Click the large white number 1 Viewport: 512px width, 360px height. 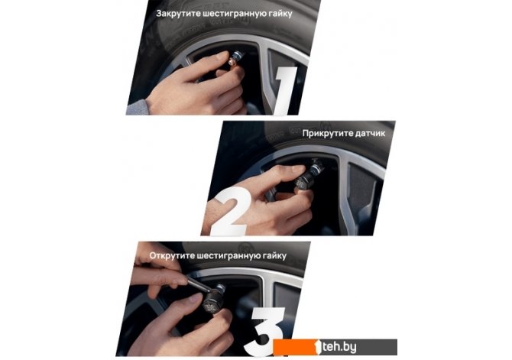tap(285, 90)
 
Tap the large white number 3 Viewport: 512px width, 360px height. tap(266, 331)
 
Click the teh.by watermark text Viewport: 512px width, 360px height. tap(339, 347)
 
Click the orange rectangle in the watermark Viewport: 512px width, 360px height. tap(295, 347)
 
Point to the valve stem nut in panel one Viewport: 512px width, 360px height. tap(235, 60)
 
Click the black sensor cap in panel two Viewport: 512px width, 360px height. tap(305, 180)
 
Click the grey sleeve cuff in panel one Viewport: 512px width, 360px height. tap(138, 108)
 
